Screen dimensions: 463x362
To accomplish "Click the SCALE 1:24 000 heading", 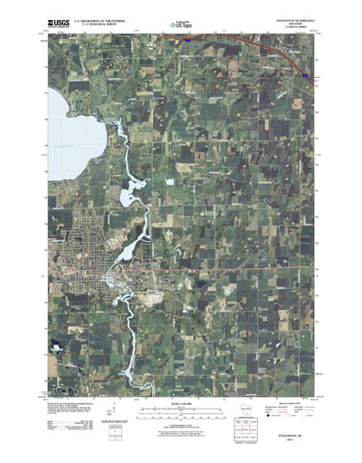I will click(x=180, y=401).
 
